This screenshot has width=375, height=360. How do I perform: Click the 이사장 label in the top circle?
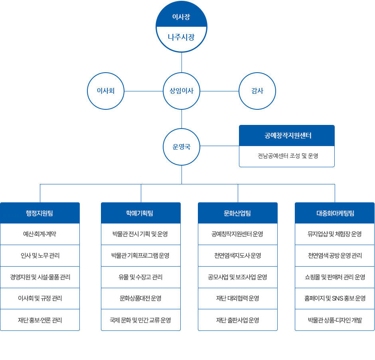tap(181, 17)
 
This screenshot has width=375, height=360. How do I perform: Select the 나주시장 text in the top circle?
tap(181, 38)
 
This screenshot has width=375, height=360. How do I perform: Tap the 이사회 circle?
tap(106, 91)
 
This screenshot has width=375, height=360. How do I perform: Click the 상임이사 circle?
tap(182, 91)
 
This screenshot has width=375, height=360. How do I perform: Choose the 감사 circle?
tap(257, 91)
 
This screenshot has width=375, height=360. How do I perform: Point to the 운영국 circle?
tap(182, 146)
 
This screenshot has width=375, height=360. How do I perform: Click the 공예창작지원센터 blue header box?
tap(286, 136)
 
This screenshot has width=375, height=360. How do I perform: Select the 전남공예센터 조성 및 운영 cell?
tap(286, 156)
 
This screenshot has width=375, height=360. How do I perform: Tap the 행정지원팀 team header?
tap(40, 213)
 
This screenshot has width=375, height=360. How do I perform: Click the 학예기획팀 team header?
tap(141, 213)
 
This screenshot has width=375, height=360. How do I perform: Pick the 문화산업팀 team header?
tap(238, 213)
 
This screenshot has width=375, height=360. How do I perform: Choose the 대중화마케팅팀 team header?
tap(335, 213)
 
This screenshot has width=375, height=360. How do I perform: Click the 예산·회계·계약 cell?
tap(40, 234)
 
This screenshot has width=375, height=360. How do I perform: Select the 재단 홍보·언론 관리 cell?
tap(40, 320)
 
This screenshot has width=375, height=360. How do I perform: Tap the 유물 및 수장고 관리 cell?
tap(141, 277)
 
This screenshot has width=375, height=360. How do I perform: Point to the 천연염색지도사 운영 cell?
tap(238, 255)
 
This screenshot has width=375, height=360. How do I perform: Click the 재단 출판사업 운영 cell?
tap(238, 320)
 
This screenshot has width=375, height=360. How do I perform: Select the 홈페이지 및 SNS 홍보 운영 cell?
tap(335, 299)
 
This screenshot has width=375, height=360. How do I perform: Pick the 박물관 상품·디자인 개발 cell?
tap(335, 320)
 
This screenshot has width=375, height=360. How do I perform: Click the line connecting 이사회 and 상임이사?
tap(144, 91)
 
